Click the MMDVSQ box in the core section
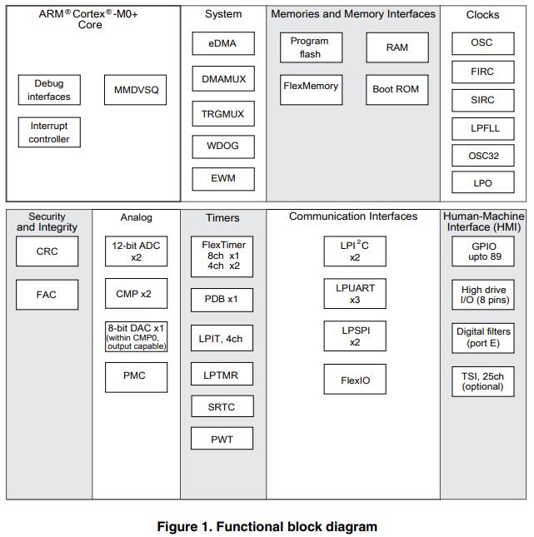[x=136, y=90]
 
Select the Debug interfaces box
[x=49, y=90]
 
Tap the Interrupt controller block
[x=49, y=132]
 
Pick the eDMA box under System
[x=223, y=43]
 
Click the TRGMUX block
[x=223, y=113]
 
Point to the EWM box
[x=223, y=179]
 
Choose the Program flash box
[x=311, y=47]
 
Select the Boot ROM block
[x=397, y=90]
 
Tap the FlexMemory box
[x=311, y=90]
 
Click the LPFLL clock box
[x=483, y=129]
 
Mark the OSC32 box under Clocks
[x=483, y=156]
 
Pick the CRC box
[x=47, y=251]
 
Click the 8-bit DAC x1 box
[x=136, y=336]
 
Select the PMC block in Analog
[x=136, y=377]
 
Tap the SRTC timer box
[x=222, y=406]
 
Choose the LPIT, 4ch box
[x=222, y=338]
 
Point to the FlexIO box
[x=355, y=379]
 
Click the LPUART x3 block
[x=355, y=294]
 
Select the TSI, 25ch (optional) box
[x=483, y=381]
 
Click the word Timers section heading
[x=222, y=218]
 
